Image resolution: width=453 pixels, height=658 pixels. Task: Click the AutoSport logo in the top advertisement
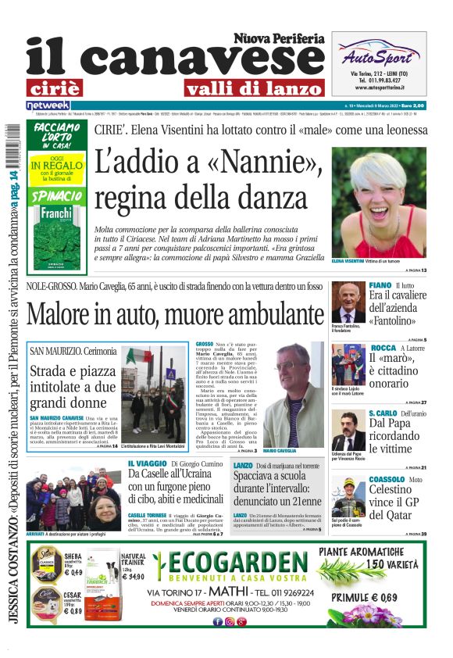pyautogui.click(x=379, y=56)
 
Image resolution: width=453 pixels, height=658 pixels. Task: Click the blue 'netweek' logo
pyautogui.click(x=48, y=105)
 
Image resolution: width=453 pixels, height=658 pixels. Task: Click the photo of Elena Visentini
pyautogui.click(x=379, y=202)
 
